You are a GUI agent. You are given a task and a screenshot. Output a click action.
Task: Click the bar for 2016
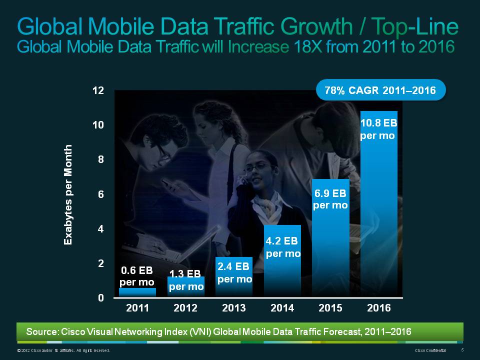click(x=378, y=210)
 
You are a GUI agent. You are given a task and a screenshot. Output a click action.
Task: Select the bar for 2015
click(x=330, y=240)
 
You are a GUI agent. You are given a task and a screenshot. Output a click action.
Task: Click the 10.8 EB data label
click(x=378, y=128)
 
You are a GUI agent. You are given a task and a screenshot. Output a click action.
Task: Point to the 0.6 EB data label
click(x=137, y=276)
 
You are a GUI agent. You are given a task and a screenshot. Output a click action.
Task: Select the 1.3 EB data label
click(x=185, y=280)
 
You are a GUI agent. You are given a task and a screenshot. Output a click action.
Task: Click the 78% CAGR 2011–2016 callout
click(x=380, y=91)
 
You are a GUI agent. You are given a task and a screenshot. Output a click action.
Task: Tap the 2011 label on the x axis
click(x=137, y=308)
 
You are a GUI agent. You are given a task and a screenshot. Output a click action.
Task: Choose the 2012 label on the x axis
click(x=185, y=308)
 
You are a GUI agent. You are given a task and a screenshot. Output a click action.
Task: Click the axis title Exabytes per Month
click(x=68, y=194)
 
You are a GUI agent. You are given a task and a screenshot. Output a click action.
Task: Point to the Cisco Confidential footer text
click(x=430, y=350)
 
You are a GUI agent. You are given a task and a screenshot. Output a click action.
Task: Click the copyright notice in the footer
click(x=63, y=350)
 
